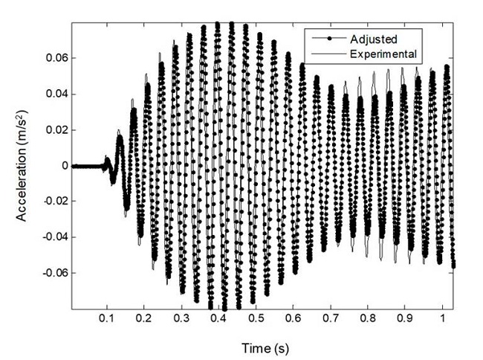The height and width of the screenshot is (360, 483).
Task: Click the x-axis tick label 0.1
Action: click(107, 318)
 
